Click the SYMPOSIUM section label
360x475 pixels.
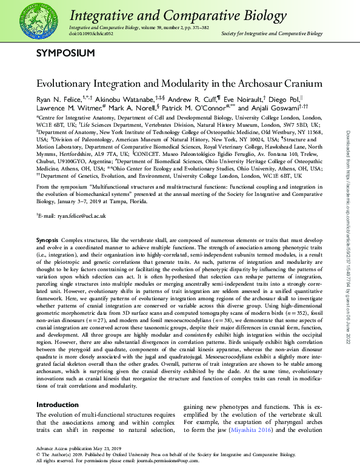65,53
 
